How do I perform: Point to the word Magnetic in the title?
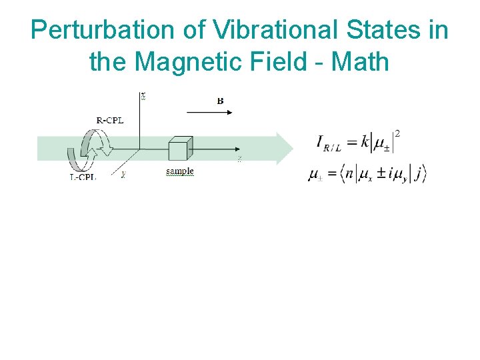pos(198,62)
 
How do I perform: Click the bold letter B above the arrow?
pos(220,101)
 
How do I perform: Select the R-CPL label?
pos(110,120)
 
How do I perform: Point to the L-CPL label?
pos(83,177)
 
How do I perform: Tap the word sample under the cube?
pos(179,171)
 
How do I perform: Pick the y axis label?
pos(123,175)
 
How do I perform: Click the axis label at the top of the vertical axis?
pos(143,95)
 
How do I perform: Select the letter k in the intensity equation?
pos(365,142)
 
